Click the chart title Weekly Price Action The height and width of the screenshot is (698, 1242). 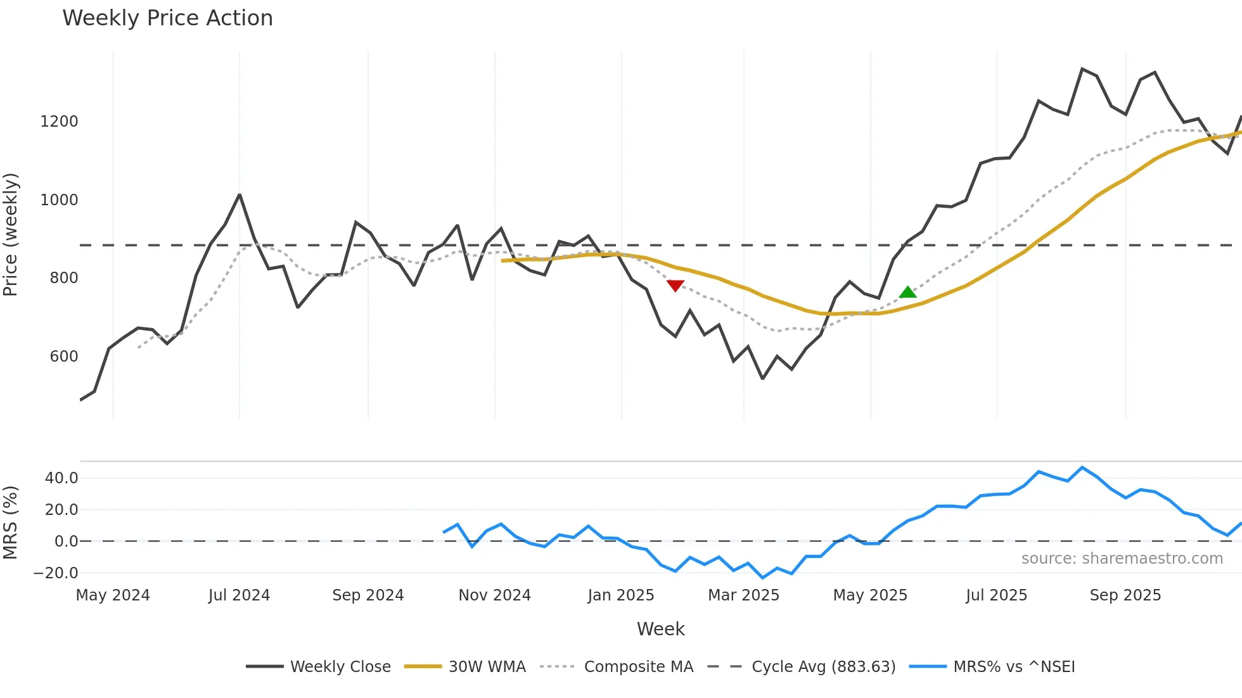tap(167, 18)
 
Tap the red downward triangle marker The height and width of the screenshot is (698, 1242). tap(675, 286)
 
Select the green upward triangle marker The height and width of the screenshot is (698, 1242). tap(907, 292)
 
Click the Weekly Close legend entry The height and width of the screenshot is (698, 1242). tap(319, 667)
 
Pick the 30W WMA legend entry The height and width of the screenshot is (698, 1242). tap(466, 667)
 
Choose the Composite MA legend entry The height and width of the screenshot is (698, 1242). tap(617, 667)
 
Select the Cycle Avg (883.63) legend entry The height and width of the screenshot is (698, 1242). tap(802, 667)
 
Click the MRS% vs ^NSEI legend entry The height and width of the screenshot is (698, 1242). tap(992, 667)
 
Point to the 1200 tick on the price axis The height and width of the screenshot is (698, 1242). tap(59, 122)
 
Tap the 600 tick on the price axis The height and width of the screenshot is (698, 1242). tap(63, 357)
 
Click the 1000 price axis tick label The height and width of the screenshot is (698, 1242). tap(59, 200)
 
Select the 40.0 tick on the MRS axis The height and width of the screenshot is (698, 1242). tap(61, 478)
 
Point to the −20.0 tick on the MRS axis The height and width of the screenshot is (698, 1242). tap(56, 573)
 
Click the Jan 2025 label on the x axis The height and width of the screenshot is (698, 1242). tap(621, 595)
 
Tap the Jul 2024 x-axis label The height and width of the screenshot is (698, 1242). tap(239, 595)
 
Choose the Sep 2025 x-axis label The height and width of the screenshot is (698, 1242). tap(1125, 595)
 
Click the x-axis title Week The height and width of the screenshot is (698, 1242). tap(660, 629)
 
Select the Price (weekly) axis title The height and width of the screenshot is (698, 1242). tap(11, 234)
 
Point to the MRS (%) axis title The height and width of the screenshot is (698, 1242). tap(11, 523)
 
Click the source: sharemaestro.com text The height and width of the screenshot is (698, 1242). tap(1122, 559)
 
